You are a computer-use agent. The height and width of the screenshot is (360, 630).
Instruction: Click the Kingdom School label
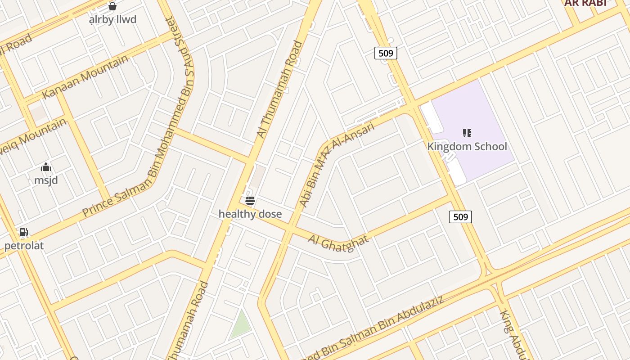click(467, 146)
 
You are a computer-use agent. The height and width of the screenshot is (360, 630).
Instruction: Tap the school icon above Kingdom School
click(467, 133)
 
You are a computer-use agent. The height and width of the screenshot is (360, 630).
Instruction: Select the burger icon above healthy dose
click(250, 201)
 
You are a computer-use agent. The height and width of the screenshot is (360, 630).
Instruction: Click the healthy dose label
click(250, 214)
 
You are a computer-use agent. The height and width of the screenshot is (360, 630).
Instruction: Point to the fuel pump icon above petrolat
click(23, 232)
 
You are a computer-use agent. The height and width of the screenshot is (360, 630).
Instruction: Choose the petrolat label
click(24, 246)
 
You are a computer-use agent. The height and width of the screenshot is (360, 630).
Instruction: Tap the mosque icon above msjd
click(46, 168)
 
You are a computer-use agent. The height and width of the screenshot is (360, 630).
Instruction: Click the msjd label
click(46, 180)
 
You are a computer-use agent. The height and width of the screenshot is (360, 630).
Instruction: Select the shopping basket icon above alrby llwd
click(112, 6)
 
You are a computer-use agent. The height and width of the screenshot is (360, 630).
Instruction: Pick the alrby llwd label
click(112, 20)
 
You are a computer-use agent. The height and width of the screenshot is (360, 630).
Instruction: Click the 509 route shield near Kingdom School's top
click(386, 53)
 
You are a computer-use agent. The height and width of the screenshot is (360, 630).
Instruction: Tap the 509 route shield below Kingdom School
click(460, 217)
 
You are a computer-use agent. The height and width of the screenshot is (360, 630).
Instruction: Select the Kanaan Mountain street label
click(85, 77)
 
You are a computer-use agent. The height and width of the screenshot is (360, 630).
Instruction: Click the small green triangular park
click(241, 325)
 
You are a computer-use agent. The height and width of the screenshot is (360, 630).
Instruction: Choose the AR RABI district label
click(585, 3)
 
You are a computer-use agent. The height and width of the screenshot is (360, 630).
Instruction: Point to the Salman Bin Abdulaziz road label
click(373, 328)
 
